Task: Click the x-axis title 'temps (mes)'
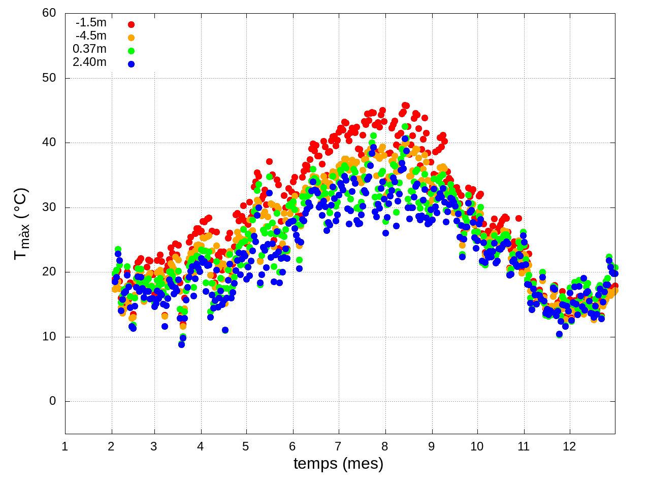338,463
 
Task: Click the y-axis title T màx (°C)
21,224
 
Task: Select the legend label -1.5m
91,23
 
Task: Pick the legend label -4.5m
91,36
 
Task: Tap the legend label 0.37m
89,49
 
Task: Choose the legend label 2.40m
89,62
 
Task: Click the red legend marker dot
131,24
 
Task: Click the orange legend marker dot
131,38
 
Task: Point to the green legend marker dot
131,51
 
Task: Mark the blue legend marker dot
131,64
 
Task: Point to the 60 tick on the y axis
49,13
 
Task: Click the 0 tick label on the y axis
53,401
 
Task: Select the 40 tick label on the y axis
49,143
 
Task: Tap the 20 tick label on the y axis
49,272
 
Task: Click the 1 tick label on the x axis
65,447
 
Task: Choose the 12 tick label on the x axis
569,447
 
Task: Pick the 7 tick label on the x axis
338,447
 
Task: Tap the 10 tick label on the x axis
477,447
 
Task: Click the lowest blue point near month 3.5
181,344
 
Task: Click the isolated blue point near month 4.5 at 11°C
225,330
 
